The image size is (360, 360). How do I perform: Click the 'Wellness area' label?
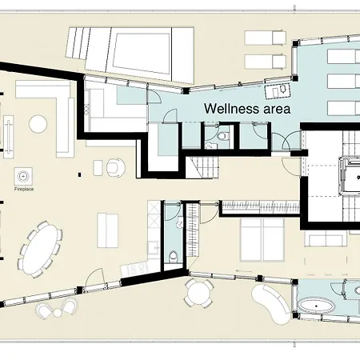pos(246,106)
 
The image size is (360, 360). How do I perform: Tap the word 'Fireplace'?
pos(25,190)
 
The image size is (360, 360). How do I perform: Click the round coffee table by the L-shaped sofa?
pos(38,124)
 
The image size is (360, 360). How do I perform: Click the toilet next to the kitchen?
pos(174,258)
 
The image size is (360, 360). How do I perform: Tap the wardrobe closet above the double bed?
pos(259,206)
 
